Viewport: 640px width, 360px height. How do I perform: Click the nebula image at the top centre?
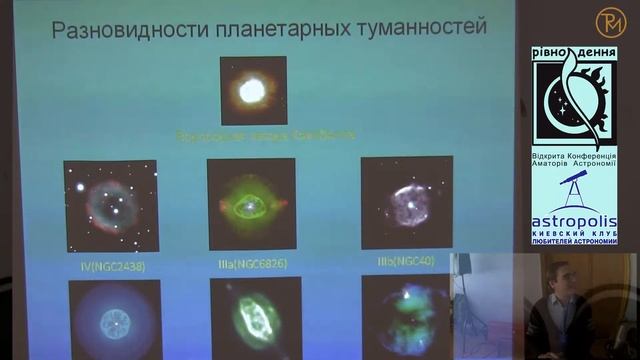(x=254, y=90)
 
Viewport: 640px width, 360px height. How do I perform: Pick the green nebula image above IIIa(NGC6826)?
(x=251, y=204)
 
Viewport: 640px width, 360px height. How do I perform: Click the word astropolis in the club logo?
(x=573, y=219)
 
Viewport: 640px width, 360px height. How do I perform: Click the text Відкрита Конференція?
(x=574, y=158)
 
